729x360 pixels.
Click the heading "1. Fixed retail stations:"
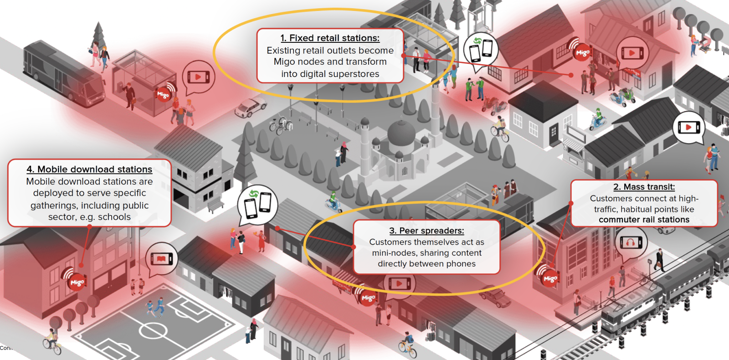[x=330, y=38]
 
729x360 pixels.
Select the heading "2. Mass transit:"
[x=644, y=187]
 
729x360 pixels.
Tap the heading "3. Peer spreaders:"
[x=426, y=231]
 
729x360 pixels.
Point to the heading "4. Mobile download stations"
[x=89, y=170]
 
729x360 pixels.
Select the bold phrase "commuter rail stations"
[x=644, y=220]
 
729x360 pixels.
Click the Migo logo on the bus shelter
[x=163, y=94]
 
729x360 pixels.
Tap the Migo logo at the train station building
[x=550, y=278]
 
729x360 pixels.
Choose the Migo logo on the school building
[x=77, y=282]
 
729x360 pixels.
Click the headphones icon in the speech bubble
[x=631, y=242]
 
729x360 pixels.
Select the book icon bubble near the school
[x=162, y=259]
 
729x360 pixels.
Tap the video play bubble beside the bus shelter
[x=198, y=77]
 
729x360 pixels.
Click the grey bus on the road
[x=63, y=73]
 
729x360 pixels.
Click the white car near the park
[x=250, y=108]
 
